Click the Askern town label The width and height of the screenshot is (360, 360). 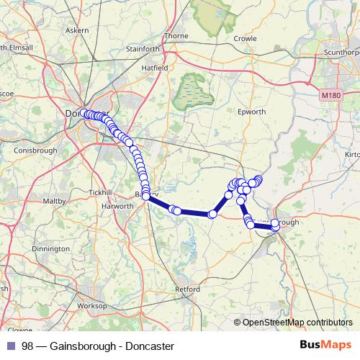(76, 31)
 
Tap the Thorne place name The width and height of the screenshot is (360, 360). (176, 35)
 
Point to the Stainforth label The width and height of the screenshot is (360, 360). (143, 49)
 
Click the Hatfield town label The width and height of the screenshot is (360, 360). (154, 68)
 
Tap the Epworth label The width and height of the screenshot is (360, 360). (252, 112)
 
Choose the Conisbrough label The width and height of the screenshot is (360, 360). (36, 150)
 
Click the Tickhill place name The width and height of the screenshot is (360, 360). (101, 193)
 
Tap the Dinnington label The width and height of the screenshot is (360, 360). (50, 248)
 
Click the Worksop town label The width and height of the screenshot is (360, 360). (91, 306)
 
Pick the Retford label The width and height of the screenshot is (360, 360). (187, 289)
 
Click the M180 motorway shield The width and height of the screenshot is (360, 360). (330, 95)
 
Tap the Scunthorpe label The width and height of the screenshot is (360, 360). (341, 53)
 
